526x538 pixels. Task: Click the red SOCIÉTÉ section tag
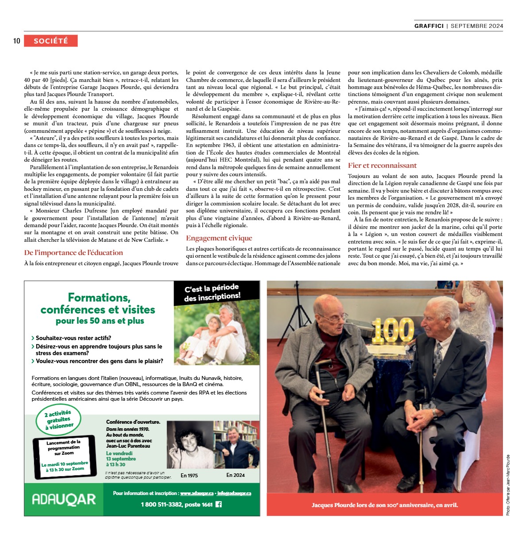[x=51, y=41]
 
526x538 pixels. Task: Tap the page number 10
[x=17, y=41]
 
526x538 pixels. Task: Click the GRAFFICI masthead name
[x=429, y=26]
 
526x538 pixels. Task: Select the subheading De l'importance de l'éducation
[x=73, y=252]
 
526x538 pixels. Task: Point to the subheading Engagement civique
[x=219, y=238]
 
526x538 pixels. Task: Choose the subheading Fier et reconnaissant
[x=382, y=166]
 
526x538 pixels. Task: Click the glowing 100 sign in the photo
[x=392, y=330]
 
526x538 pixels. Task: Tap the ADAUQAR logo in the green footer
[x=64, y=499]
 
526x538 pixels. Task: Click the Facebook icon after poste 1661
[x=218, y=504]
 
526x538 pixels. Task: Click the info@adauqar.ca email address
[x=234, y=493]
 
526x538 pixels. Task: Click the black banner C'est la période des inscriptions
[x=213, y=293]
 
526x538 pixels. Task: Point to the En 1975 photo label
[x=189, y=476]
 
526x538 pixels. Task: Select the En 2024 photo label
[x=235, y=475]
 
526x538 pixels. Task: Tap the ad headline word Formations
[x=99, y=298]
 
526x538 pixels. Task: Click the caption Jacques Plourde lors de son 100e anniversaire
[x=384, y=505]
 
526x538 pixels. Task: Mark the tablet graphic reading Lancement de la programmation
[x=65, y=457]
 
